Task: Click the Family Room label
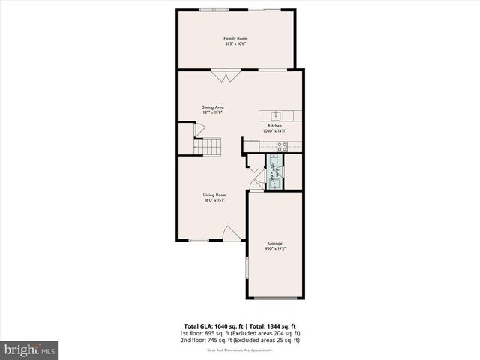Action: (x=235, y=38)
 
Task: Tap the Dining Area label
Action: (x=213, y=107)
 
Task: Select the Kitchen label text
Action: (x=275, y=126)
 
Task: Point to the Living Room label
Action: (x=214, y=195)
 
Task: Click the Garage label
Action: (x=275, y=243)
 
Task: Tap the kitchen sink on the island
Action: (x=276, y=115)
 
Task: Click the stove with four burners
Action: (x=283, y=147)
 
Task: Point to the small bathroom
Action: (x=277, y=179)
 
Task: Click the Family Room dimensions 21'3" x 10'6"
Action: (x=235, y=44)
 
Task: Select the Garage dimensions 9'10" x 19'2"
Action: (x=275, y=248)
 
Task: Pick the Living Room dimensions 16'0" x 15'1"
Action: (x=214, y=200)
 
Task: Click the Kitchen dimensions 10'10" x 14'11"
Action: (x=275, y=131)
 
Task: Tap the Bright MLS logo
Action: (x=30, y=349)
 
